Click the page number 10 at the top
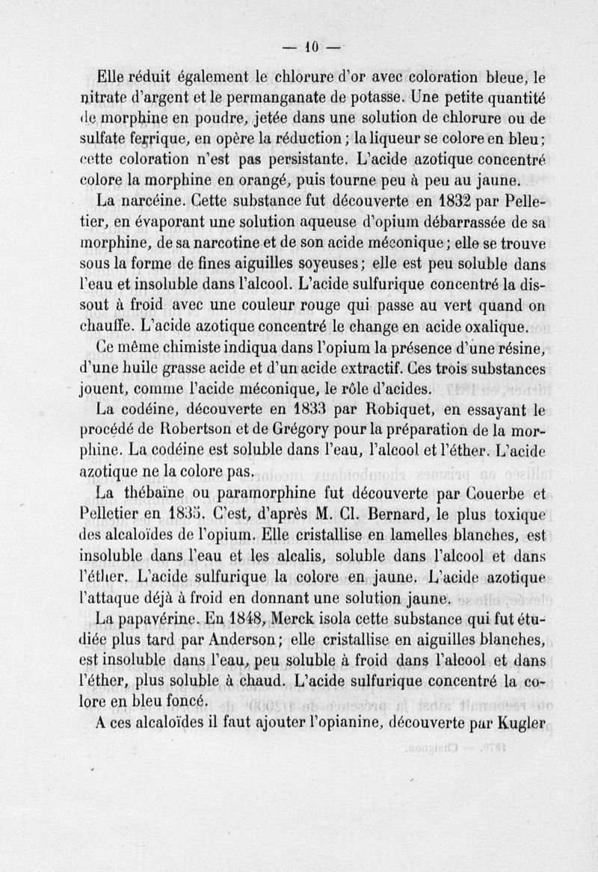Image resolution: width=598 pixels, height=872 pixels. click(x=311, y=47)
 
